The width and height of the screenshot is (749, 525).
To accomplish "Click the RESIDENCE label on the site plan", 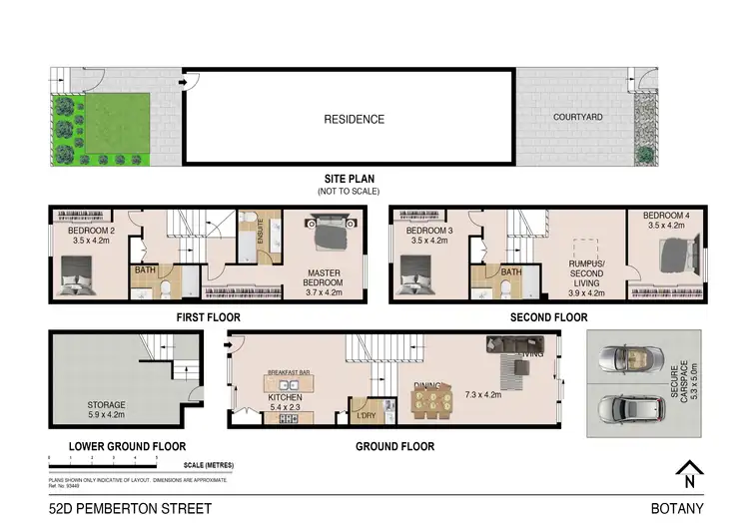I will point(354,120).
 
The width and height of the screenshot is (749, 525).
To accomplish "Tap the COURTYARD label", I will point(577,117).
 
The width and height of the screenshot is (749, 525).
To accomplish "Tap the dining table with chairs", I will point(431,403).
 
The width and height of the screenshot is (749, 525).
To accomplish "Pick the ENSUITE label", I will point(261,232).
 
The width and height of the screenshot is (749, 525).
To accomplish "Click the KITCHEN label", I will point(284,396).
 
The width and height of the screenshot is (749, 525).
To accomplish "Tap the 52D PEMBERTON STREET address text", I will point(120,508).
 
